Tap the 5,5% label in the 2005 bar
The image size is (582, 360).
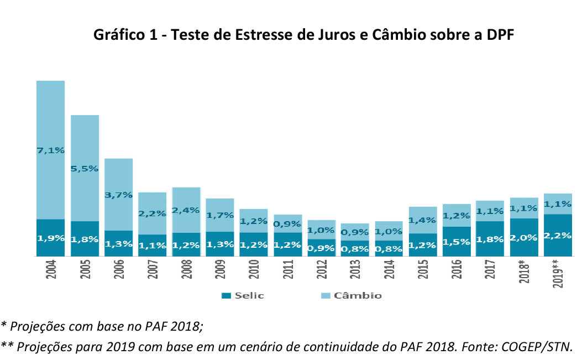coord(85,168)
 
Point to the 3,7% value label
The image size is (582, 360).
coord(118,195)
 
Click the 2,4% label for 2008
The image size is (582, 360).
coord(186,210)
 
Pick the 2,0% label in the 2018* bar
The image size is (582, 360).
coord(524,237)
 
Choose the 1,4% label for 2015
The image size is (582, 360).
coord(423,220)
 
